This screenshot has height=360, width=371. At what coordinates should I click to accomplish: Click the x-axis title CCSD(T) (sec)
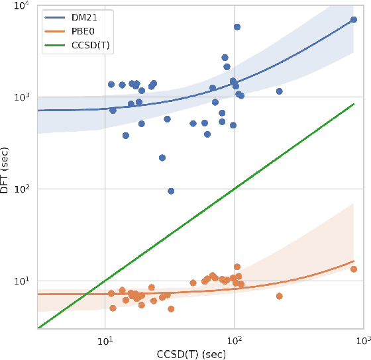point(199,352)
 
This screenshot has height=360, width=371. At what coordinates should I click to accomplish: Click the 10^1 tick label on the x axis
point(105,338)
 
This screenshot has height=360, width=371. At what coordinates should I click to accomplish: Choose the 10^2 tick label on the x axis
point(234,338)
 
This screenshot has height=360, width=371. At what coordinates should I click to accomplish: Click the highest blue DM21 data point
point(237,27)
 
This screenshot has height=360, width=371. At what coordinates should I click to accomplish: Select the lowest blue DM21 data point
point(171,191)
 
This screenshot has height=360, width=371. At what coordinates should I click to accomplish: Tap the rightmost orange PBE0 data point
point(354,269)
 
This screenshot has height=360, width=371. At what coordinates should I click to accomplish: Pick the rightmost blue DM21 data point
point(354,20)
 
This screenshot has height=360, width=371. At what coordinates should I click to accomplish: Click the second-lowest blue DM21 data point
point(162,157)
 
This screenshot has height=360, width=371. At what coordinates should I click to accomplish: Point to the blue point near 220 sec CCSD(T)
point(279,91)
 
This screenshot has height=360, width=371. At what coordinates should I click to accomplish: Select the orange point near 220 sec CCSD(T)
point(279,296)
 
